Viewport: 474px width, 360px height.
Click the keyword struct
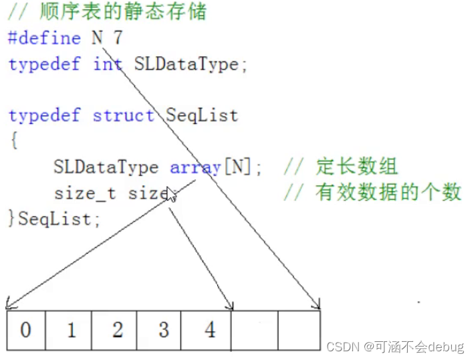(x=123, y=115)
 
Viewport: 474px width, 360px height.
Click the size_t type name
(x=85, y=193)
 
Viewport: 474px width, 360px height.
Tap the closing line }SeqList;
(x=53, y=218)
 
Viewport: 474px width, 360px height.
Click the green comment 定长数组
(x=358, y=167)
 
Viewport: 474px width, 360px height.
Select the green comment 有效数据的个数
(x=388, y=193)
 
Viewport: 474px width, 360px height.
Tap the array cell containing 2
(x=116, y=330)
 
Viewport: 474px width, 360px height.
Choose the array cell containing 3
(x=162, y=330)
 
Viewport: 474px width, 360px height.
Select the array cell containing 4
(x=209, y=330)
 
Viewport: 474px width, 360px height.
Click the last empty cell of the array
(x=299, y=330)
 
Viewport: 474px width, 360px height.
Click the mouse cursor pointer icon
(x=172, y=195)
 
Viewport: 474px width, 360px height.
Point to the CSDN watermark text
(x=394, y=347)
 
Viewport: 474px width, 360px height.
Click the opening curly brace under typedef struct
(x=13, y=141)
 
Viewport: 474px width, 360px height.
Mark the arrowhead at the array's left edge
(x=9, y=307)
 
